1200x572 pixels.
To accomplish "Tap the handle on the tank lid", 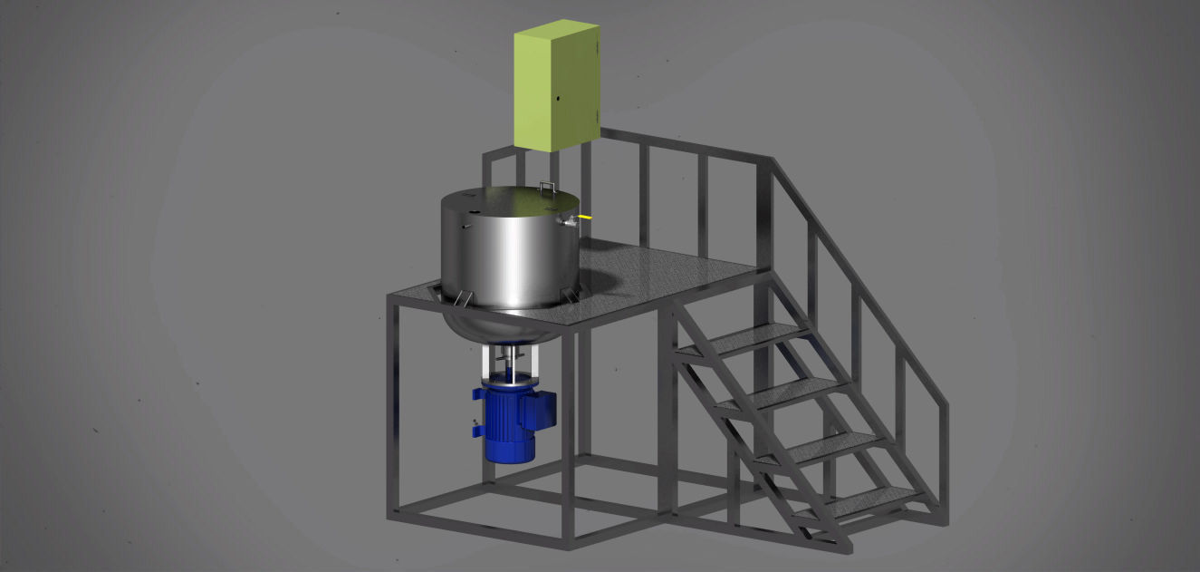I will click(547, 186).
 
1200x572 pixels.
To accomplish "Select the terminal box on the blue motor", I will click(544, 408).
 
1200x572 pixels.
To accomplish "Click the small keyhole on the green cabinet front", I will click(559, 98).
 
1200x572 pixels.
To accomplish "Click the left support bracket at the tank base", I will click(463, 298).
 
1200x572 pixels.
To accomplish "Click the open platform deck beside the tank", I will click(670, 281).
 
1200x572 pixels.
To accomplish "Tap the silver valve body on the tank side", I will click(570, 220).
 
